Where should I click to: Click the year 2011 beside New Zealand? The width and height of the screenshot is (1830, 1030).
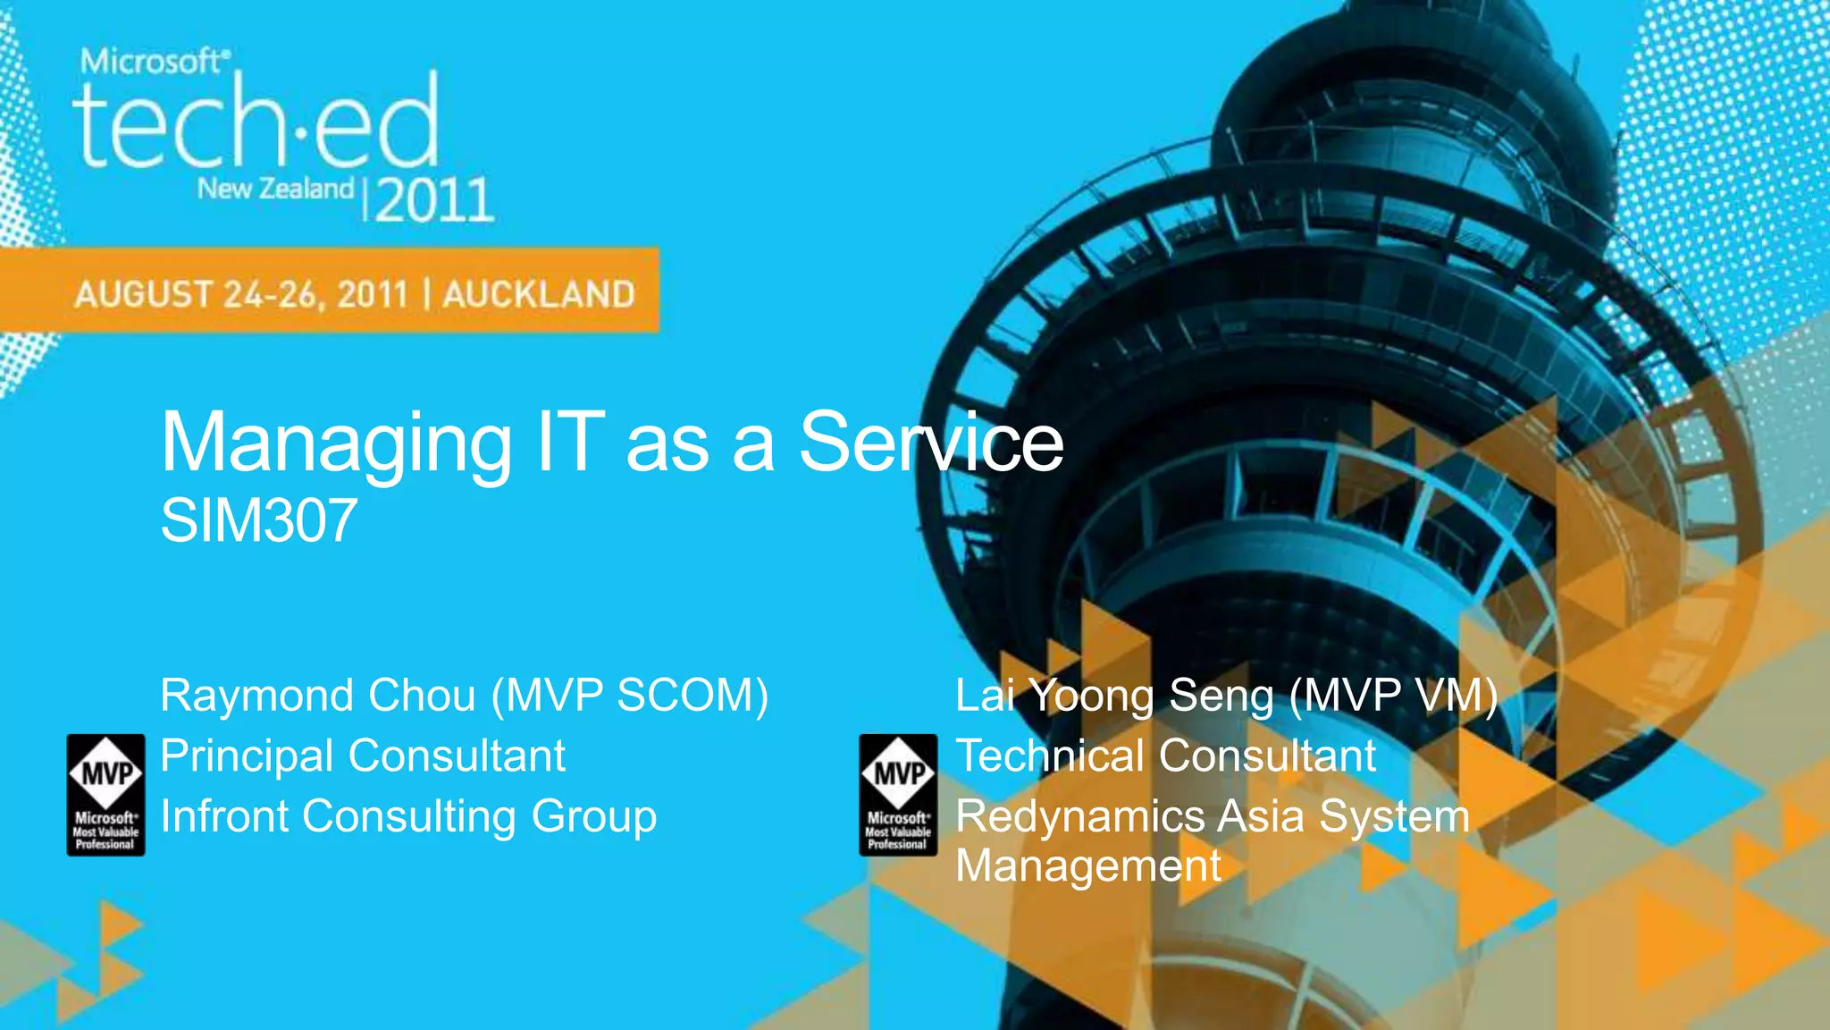[x=434, y=199]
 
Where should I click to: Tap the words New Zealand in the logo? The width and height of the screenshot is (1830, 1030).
[x=275, y=189]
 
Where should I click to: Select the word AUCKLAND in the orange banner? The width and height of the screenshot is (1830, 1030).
[x=539, y=294]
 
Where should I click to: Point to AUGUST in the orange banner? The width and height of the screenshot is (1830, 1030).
[x=143, y=294]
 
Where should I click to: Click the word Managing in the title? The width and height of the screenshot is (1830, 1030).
[x=335, y=443]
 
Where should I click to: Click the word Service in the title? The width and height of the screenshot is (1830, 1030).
[x=930, y=443]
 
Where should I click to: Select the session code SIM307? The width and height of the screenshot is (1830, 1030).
[x=258, y=521]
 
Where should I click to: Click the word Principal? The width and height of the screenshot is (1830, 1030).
[x=248, y=756]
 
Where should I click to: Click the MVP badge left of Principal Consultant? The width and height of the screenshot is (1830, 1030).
[x=105, y=794]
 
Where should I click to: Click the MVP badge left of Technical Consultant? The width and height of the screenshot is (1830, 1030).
[x=898, y=794]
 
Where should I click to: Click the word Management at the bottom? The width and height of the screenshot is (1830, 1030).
[x=1087, y=866]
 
